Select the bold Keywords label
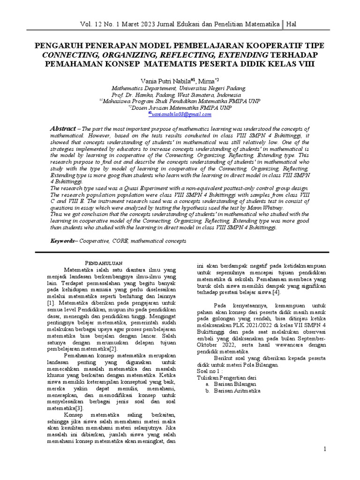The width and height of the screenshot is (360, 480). click(63, 240)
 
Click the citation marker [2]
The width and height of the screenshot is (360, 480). click(113, 349)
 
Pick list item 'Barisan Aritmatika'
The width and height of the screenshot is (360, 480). click(238, 390)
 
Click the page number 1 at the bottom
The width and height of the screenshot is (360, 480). click(324, 449)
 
